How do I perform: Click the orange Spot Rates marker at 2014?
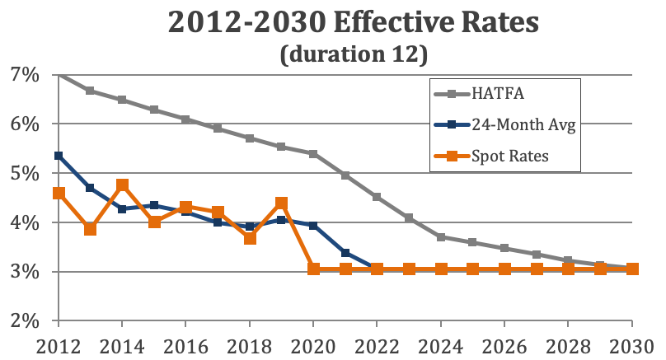click(x=122, y=185)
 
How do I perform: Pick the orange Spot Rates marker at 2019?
click(x=281, y=203)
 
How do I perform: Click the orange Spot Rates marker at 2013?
click(x=91, y=229)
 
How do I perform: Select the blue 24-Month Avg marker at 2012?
click(x=59, y=155)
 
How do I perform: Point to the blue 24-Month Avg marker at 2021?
click(x=345, y=253)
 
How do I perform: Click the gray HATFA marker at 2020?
click(x=313, y=154)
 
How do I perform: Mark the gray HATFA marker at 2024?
click(x=441, y=237)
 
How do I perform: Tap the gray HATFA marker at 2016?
click(x=186, y=119)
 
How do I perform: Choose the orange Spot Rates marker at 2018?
click(x=250, y=238)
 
